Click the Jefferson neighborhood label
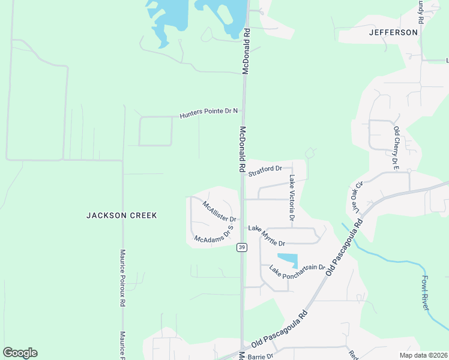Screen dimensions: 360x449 tap(394, 32)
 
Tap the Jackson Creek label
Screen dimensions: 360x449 tap(121, 215)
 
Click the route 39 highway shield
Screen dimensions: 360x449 tap(241, 247)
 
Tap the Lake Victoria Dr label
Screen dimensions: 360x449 tap(292, 198)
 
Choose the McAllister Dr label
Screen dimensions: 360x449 tap(219, 211)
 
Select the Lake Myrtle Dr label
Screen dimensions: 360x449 tap(267, 235)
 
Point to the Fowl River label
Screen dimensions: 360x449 tap(426, 292)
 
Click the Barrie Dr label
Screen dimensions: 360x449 tap(261, 356)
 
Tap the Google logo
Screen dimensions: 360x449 tap(20, 353)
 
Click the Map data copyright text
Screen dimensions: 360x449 tap(423, 355)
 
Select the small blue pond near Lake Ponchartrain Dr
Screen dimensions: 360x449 tap(288, 259)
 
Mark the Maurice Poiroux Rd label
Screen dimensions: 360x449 tap(122, 278)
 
